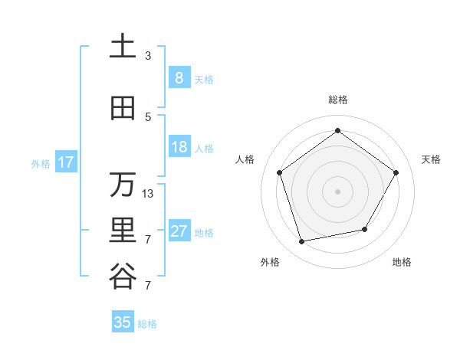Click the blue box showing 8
point(179,77)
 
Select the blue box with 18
point(179,147)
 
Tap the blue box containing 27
point(179,231)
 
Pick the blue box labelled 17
point(65,162)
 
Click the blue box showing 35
point(123,322)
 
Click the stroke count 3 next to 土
point(148,56)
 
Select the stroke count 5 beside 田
point(148,117)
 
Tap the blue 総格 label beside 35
point(147,324)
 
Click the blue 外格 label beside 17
point(40,163)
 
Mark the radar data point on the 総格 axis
point(337,130)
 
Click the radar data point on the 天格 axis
point(396,172)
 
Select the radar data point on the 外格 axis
point(302,241)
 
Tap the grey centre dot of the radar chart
point(337,191)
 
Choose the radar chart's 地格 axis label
point(402,262)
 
